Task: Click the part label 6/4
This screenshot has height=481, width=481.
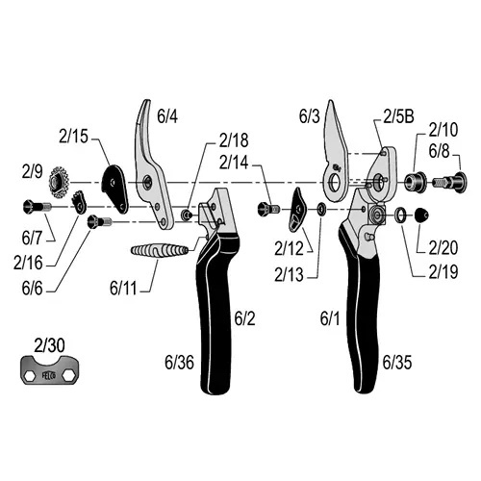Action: point(167,116)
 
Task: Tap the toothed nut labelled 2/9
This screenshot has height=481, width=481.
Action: point(60,183)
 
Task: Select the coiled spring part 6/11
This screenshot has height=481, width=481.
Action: point(159,250)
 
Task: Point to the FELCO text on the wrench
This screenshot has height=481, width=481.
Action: point(49,375)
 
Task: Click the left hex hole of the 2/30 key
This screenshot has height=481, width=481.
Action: point(30,374)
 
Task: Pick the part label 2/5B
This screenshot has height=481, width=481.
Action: point(398,116)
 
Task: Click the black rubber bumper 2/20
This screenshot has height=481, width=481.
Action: point(421,215)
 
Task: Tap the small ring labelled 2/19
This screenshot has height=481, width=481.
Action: point(400,215)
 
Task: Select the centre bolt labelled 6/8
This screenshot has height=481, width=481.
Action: point(449,182)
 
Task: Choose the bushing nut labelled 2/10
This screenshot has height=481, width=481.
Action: point(415,183)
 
